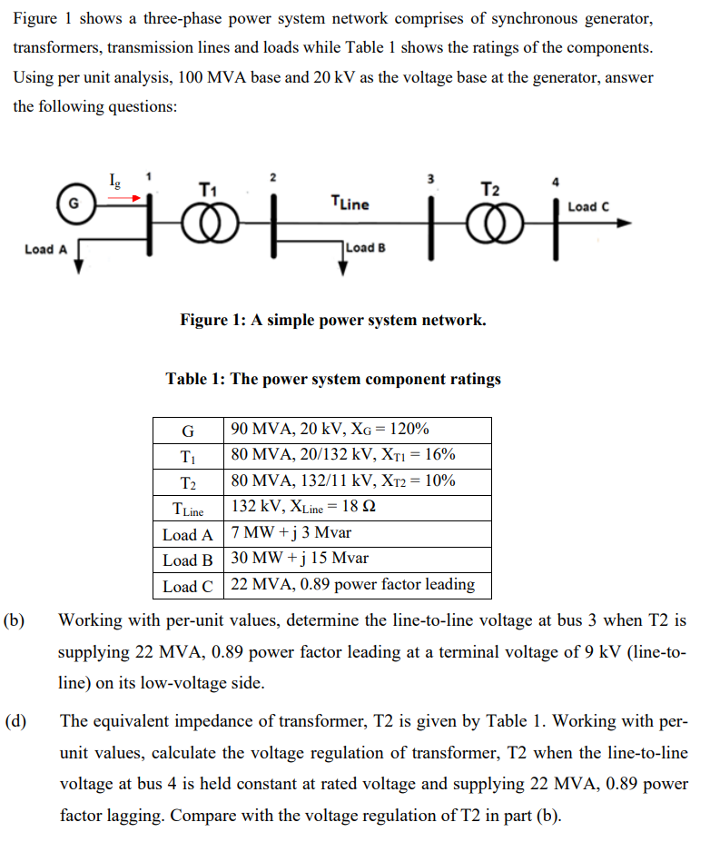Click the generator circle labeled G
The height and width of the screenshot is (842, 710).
71,204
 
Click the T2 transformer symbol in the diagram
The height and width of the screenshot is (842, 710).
490,222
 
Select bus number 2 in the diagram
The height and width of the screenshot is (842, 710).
272,175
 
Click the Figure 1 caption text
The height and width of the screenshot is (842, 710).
332,320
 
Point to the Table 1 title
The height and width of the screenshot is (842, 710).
333,379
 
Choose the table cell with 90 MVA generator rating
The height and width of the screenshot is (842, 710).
330,430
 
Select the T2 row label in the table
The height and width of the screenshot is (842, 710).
188,481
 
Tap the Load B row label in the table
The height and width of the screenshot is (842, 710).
188,560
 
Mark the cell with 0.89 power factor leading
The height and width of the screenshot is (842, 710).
353,585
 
